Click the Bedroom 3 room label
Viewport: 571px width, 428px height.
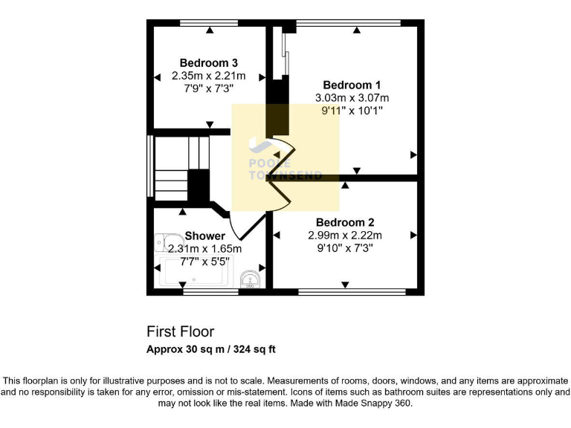click(x=208, y=62)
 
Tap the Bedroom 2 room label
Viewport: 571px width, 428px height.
click(x=345, y=222)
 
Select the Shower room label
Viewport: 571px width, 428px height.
click(x=204, y=236)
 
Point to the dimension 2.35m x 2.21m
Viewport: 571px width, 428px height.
click(x=208, y=76)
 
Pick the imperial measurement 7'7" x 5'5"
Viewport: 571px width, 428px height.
click(x=204, y=262)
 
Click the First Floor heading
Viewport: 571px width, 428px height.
click(x=180, y=331)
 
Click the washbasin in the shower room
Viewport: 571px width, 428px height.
click(x=251, y=279)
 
